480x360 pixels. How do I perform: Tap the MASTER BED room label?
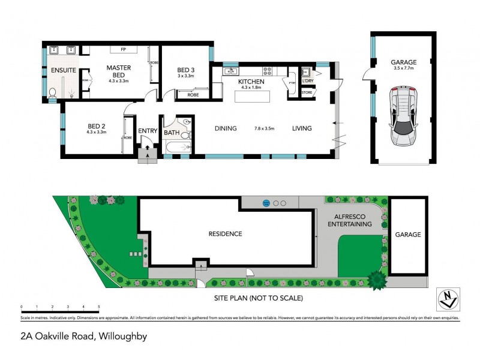(118, 71)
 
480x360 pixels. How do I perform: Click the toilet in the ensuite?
(53, 93)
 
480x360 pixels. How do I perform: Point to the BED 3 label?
(186, 71)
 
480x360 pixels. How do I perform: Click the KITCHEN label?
(252, 82)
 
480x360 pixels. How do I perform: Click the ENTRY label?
(147, 131)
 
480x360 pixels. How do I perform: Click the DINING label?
(226, 128)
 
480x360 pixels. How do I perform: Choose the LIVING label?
(303, 128)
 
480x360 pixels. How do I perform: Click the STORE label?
(307, 93)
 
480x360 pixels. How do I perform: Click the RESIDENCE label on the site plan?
(225, 234)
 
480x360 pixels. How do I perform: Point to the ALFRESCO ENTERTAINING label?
(349, 220)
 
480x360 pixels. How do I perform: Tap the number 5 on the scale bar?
(98, 307)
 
